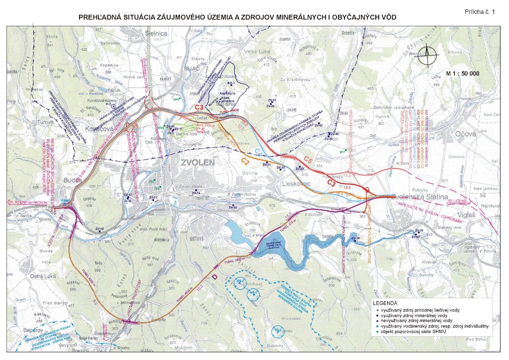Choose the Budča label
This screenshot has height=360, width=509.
pos(72,180)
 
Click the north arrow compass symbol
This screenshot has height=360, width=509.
pos(427,55)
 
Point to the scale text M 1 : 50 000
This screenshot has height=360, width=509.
pos(463,74)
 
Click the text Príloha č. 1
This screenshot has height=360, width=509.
pos(480,11)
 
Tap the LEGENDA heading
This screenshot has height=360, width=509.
pos(386,303)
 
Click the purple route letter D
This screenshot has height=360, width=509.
pos(215,276)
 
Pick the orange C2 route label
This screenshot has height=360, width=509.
pos(245,161)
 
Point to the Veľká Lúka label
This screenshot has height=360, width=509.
pos(257,52)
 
